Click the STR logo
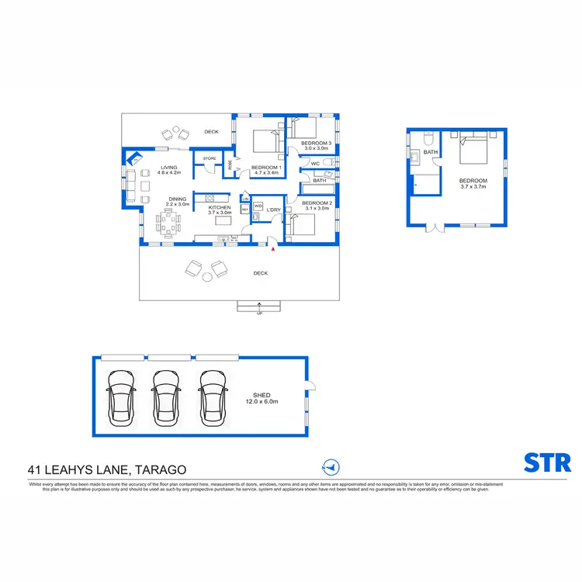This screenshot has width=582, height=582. point(548,462)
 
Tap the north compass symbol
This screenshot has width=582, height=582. point(331,467)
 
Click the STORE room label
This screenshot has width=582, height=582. point(209,159)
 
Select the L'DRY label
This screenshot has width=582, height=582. point(273,210)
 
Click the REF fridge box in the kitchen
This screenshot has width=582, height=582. point(245,210)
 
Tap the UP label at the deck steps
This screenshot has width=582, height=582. point(259,314)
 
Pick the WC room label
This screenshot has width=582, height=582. point(315,164)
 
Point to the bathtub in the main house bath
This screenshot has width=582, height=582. point(318,189)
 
